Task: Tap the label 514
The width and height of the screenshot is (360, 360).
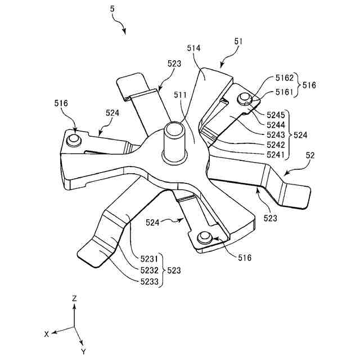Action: point(194,49)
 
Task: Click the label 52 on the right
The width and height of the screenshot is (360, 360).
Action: point(310,154)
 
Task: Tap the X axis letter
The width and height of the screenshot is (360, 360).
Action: point(47,334)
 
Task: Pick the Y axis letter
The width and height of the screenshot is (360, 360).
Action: point(83,351)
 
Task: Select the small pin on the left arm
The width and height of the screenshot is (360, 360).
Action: point(73,138)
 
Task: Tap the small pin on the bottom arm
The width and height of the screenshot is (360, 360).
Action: point(205,236)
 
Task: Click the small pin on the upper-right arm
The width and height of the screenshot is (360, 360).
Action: point(244,99)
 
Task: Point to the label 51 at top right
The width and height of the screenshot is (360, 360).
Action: point(238,41)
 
